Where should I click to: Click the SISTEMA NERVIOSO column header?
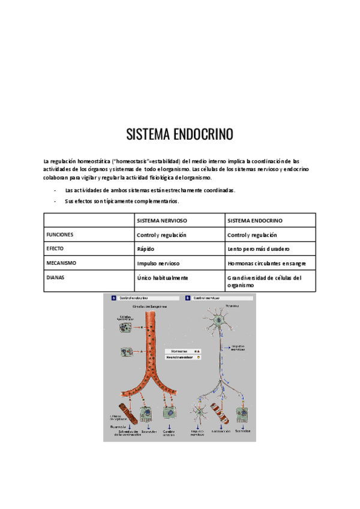[x=161, y=220]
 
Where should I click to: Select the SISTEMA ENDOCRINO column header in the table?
[x=255, y=220]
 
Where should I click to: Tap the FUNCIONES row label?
[x=60, y=235]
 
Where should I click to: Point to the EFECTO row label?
[x=55, y=248]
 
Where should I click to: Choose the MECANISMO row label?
[x=61, y=263]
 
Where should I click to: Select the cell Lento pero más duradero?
[x=259, y=248]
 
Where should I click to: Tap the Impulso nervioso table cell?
[x=158, y=263]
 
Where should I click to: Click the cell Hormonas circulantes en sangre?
[x=266, y=263]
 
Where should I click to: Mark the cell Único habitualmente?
[x=163, y=277]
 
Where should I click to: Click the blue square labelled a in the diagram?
[x=113, y=298]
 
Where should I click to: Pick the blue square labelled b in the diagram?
[x=188, y=298]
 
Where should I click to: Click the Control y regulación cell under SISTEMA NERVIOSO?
[x=161, y=235]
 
